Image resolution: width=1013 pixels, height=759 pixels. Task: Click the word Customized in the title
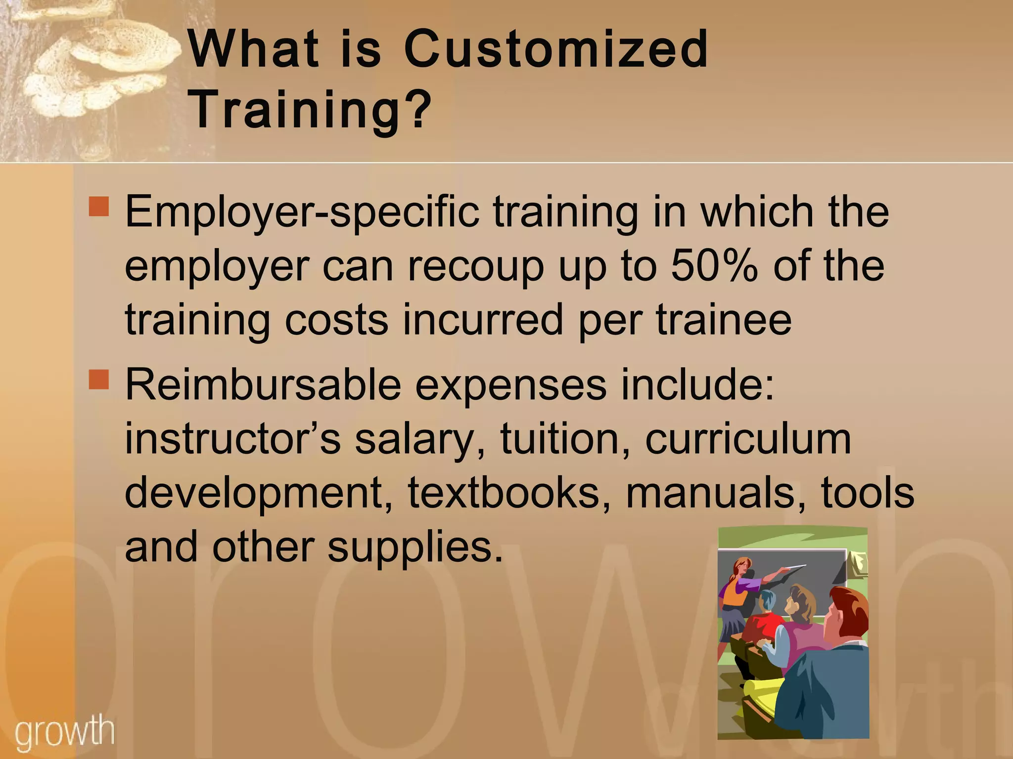556,49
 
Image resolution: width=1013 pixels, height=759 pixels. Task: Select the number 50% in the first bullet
714,266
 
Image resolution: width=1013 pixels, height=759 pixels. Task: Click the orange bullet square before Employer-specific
98,207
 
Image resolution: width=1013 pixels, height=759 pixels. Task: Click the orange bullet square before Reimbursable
98,380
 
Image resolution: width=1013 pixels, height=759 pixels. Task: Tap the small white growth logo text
64,732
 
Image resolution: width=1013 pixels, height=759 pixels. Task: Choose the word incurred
483,320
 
